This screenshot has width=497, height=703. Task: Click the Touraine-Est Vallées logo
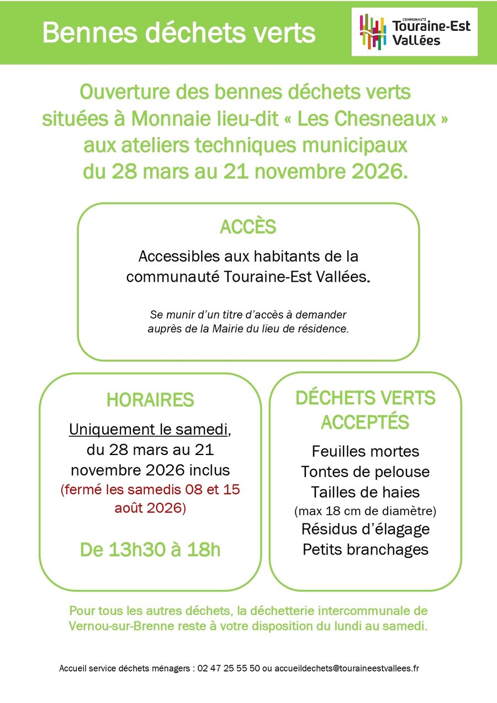coord(414,31)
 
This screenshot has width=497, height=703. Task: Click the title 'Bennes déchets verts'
coord(178,33)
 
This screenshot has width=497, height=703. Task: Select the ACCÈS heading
coord(248,227)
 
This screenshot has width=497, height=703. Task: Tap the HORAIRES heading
coord(150,400)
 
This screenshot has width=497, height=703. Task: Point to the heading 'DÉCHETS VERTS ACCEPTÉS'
coord(365,410)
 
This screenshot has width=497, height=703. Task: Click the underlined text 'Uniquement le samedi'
coord(149,430)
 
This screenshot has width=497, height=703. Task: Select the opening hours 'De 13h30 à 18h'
coord(150,549)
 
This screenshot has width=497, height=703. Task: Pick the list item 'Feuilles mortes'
coord(365,451)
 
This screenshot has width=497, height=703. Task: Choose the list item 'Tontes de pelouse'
coord(365,472)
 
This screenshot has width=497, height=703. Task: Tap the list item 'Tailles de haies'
coord(365,491)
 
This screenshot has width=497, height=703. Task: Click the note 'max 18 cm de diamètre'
coord(365,510)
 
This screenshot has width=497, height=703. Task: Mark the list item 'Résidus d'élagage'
coord(365,528)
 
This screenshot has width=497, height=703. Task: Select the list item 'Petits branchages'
coord(365,549)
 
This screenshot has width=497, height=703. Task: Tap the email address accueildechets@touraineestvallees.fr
coord(347,668)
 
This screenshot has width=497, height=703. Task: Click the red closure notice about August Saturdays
coord(150,499)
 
